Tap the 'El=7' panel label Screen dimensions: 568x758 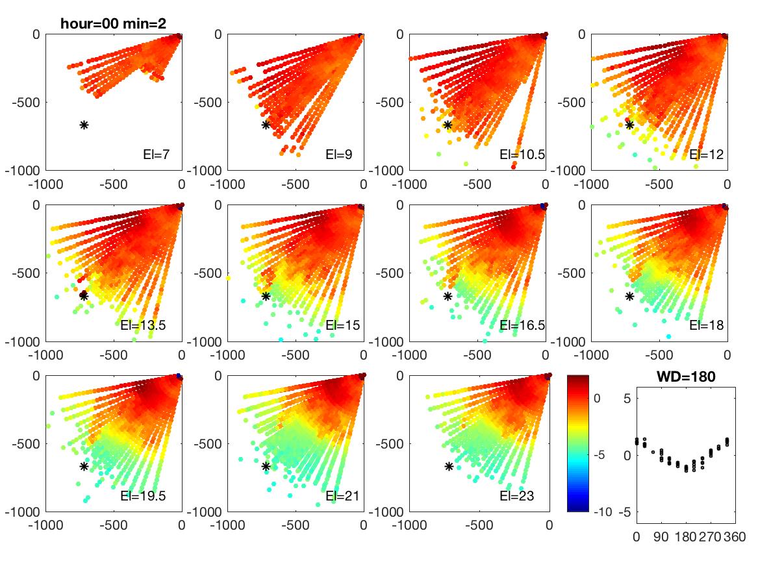tap(156, 154)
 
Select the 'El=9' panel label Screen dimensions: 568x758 tap(338, 154)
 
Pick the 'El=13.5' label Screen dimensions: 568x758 tap(143, 325)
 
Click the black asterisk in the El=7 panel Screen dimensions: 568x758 tap(84, 125)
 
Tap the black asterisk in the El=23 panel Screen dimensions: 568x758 tap(449, 466)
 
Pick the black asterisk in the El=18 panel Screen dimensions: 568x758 tap(629, 296)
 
